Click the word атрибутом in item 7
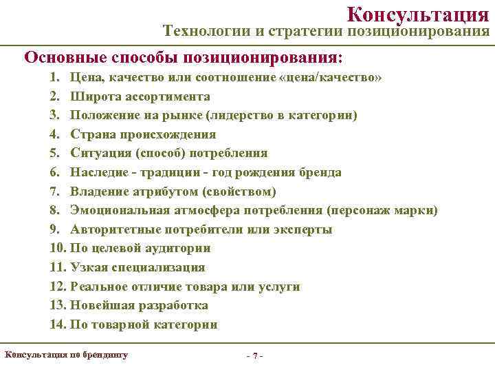tap(159, 191)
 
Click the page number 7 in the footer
tap(255, 356)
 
